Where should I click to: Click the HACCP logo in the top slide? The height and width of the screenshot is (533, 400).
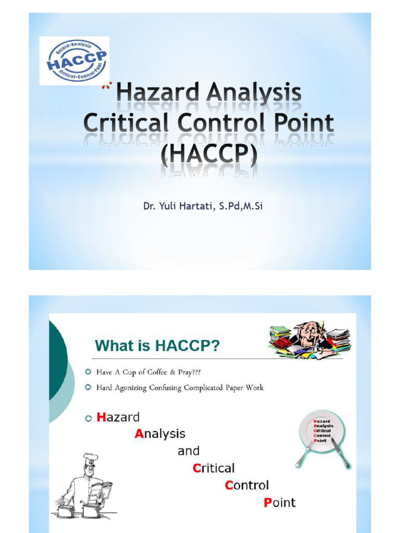coord(74,60)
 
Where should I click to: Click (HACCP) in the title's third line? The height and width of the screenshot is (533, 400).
coord(209,153)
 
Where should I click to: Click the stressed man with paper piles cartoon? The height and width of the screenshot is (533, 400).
coord(309,339)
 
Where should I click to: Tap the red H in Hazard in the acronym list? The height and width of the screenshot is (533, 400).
coord(102,417)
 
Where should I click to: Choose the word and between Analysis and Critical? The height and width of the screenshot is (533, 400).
coord(188,451)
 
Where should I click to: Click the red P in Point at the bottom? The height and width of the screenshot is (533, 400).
coord(268,503)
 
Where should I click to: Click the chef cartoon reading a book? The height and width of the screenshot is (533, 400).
coord(84,487)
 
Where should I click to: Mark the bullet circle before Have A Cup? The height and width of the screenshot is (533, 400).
coord(87,372)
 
